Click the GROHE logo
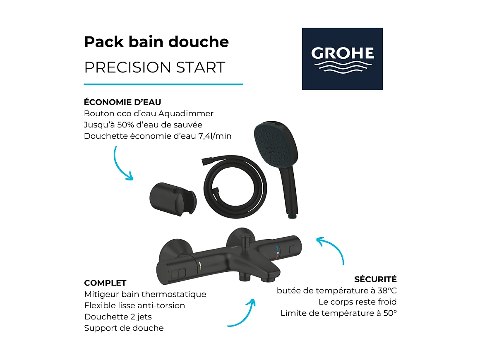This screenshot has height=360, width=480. click(x=342, y=59)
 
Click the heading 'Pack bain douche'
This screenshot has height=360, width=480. click(x=156, y=42)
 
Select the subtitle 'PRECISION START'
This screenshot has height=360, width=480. click(x=154, y=67)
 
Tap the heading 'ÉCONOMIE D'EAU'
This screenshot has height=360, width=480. click(x=122, y=102)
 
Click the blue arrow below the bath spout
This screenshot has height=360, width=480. click(x=244, y=312)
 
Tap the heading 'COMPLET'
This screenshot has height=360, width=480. click(x=105, y=283)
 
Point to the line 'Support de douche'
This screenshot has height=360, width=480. click(x=124, y=328)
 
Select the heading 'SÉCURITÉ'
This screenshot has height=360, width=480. click(x=375, y=279)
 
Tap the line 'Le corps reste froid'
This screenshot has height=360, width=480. click(x=357, y=302)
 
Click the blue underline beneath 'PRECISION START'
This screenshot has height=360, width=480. click(x=163, y=84)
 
